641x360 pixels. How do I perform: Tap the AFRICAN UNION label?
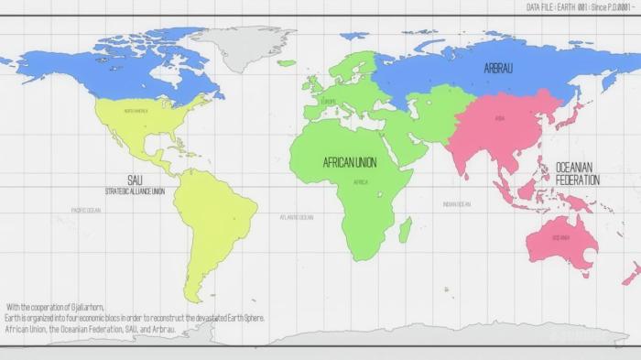(350, 162)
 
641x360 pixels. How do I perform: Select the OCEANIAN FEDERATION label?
(578, 174)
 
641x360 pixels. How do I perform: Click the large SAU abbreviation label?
(135, 180)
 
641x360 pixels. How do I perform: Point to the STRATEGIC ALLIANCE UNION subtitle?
(135, 191)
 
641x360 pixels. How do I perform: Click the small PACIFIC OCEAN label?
(86, 210)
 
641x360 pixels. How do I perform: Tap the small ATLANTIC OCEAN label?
(296, 217)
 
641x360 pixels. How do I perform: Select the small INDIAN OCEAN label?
(456, 204)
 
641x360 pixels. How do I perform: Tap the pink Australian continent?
(560, 240)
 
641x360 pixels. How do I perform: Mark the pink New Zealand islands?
(631, 273)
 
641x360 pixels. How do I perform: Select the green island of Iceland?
(287, 63)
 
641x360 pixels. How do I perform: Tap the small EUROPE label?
(329, 102)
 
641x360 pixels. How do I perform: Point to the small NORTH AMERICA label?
(136, 111)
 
